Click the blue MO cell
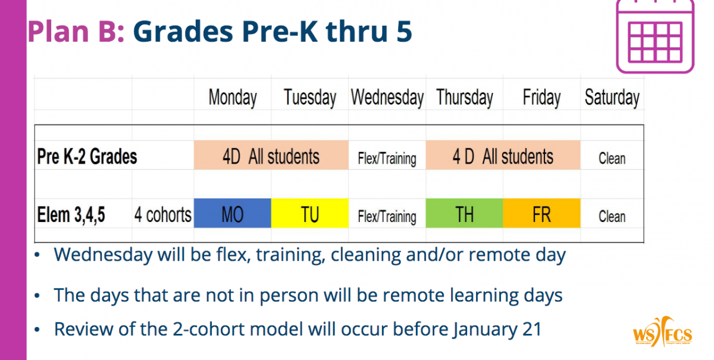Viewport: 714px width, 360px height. pos(233,213)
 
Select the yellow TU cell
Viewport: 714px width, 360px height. pos(310,213)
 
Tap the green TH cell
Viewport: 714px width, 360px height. pos(465,213)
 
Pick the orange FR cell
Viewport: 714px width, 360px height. pos(541,213)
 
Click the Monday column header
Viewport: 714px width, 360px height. pos(233,97)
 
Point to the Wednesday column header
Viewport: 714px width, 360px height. pos(387,97)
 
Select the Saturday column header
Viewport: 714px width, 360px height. pos(612,97)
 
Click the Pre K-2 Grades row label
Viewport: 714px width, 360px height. pos(87,156)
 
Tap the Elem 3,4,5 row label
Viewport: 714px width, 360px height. pos(71,215)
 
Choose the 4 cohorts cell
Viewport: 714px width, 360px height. pos(162,215)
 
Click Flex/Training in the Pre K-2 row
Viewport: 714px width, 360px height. pos(387,158)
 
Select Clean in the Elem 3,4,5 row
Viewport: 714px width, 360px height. pos(612,216)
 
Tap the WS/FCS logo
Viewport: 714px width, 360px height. pos(662,332)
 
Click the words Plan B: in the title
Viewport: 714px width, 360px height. pos(76,32)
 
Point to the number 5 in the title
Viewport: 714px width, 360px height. pos(404,32)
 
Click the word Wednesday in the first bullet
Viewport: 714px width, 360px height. pos(102,255)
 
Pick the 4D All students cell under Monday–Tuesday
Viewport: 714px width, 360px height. pos(271,155)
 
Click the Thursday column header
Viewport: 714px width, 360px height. pos(465,97)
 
